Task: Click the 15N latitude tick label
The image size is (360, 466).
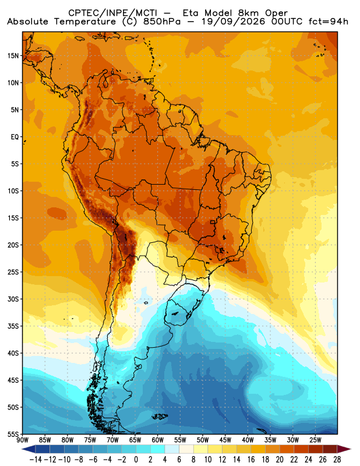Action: point(13,55)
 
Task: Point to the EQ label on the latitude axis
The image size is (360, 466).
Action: point(15,137)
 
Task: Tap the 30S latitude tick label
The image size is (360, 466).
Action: point(13,299)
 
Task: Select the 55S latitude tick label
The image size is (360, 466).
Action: point(13,434)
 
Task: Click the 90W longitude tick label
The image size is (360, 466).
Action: point(23,440)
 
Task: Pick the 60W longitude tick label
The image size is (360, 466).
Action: point(157,440)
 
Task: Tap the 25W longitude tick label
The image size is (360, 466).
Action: point(315,440)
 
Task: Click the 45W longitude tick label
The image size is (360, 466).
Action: point(225,440)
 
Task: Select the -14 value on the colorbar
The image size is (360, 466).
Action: point(36,460)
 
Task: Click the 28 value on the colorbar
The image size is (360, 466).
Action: point(337,460)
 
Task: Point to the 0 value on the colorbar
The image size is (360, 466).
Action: point(136,460)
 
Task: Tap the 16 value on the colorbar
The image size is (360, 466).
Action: point(251,460)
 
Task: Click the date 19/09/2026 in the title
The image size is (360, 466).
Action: point(233,22)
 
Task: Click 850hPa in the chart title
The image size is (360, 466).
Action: point(162,22)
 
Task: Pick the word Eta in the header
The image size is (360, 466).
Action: point(193,13)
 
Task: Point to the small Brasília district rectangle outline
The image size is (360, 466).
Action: point(213,222)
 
